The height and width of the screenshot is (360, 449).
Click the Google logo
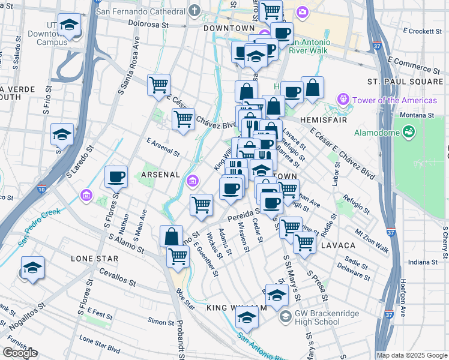(x=20, y=353)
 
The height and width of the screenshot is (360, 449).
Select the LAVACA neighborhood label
(x=338, y=246)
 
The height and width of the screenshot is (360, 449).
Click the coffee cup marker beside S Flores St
(x=116, y=177)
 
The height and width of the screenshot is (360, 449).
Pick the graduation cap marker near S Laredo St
(x=62, y=135)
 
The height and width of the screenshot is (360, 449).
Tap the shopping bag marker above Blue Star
(x=171, y=236)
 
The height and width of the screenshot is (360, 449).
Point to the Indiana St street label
(x=423, y=262)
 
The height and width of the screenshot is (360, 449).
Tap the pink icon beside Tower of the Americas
(x=343, y=99)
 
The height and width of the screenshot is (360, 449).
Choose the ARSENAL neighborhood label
(x=161, y=174)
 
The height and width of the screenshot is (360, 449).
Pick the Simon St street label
(x=161, y=322)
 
